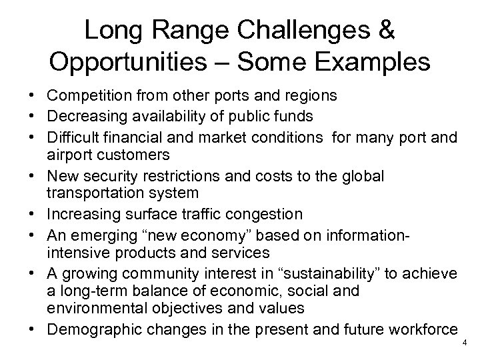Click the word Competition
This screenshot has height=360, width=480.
tap(69, 96)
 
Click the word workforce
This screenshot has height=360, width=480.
tap(425, 328)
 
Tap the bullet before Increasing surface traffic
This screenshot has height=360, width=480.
tap(23, 214)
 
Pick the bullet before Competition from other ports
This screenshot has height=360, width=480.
tap(23, 96)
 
